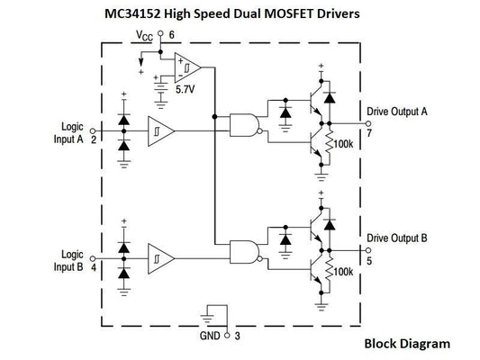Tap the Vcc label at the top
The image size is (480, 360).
[144, 35]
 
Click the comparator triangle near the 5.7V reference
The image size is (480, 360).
[186, 67]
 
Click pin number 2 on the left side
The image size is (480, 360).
[94, 140]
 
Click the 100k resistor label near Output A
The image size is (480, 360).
[343, 143]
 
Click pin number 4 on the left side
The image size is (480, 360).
[94, 267]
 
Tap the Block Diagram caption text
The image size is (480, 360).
[406, 343]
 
